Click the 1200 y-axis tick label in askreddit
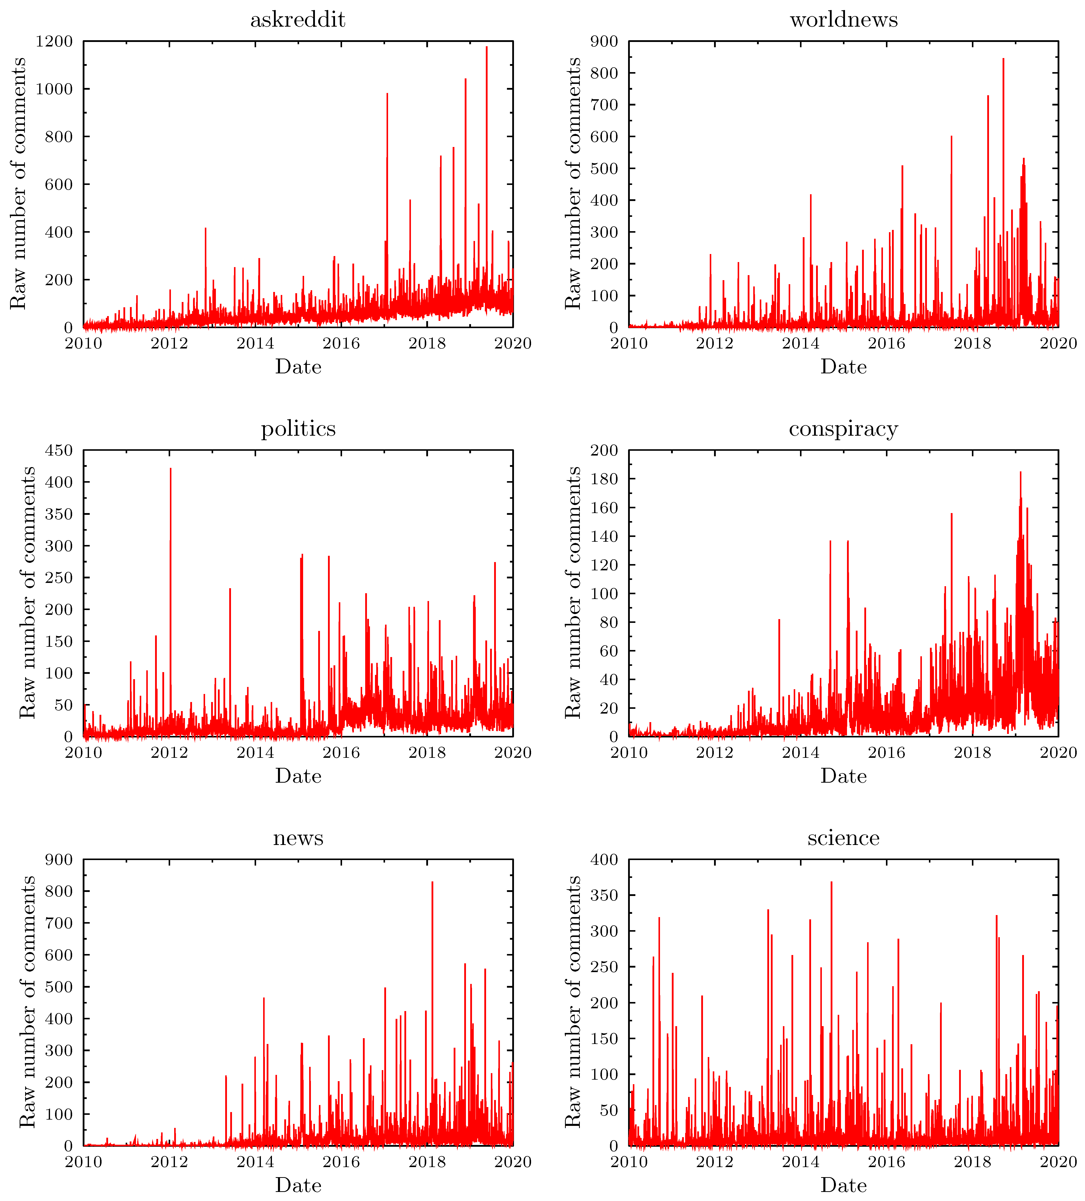[x=54, y=41]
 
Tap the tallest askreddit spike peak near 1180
[x=486, y=47]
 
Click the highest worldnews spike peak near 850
[x=1003, y=58]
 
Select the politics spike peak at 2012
[x=170, y=468]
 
